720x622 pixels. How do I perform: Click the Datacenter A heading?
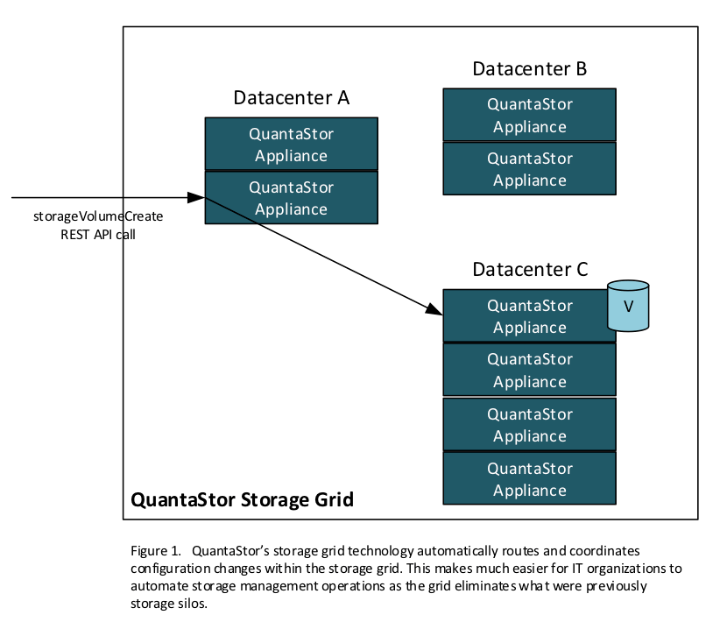click(291, 97)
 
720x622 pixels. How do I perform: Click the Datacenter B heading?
click(529, 68)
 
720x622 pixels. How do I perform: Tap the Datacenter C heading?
click(529, 269)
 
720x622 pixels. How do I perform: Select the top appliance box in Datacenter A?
click(291, 145)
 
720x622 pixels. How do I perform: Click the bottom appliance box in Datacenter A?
click(291, 198)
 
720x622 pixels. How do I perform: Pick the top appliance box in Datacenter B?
click(529, 115)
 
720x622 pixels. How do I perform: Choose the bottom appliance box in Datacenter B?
click(529, 169)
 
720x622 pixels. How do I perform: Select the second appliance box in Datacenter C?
click(529, 370)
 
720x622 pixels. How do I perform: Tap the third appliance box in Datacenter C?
click(529, 424)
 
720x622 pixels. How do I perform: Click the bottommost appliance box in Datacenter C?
click(529, 478)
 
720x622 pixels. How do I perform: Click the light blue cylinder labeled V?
click(628, 307)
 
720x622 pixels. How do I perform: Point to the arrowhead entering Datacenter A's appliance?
click(196, 197)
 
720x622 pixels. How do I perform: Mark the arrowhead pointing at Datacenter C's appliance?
click(434, 309)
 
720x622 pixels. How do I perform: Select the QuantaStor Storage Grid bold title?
click(242, 500)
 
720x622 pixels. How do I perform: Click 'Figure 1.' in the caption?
click(156, 551)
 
